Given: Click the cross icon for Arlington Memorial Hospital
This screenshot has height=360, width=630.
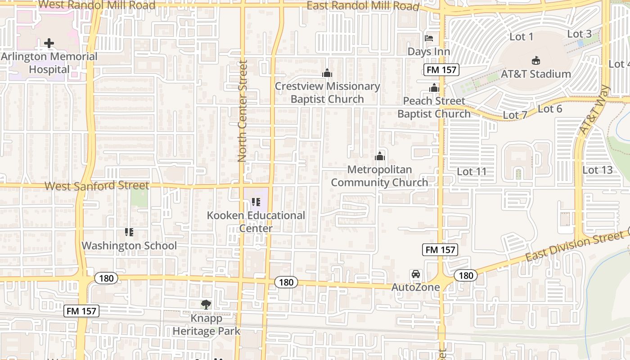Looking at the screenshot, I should [x=49, y=43].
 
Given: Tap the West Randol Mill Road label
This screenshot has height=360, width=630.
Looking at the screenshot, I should [x=97, y=5].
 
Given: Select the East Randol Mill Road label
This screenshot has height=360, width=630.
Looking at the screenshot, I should [x=363, y=6].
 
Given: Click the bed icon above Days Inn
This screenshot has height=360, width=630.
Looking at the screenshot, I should [x=429, y=38].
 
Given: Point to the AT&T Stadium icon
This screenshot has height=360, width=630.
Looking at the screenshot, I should [x=535, y=60].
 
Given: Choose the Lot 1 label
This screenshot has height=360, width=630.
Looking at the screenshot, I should [x=521, y=37].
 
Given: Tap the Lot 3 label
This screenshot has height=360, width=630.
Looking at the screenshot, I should [x=579, y=34].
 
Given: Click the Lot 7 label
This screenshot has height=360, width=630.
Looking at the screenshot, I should [x=515, y=115].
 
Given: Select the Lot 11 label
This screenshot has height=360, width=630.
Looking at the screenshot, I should [x=472, y=171].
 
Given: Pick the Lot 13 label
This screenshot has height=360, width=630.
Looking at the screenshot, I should [x=598, y=170].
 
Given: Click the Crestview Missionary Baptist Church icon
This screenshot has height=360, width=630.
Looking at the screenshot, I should [x=327, y=73].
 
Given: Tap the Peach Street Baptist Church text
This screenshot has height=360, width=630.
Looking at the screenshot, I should [x=434, y=107].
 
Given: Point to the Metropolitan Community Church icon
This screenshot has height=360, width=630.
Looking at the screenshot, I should [x=380, y=156].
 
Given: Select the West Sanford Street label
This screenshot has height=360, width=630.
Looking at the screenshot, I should [x=97, y=185].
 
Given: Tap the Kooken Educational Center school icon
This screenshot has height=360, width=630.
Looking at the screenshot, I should [x=256, y=202].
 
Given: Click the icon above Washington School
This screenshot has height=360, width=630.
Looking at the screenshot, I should [x=129, y=232].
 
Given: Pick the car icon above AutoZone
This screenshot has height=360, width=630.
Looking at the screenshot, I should [x=416, y=274].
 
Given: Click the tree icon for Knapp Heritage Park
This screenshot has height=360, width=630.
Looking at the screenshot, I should [x=206, y=305].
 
